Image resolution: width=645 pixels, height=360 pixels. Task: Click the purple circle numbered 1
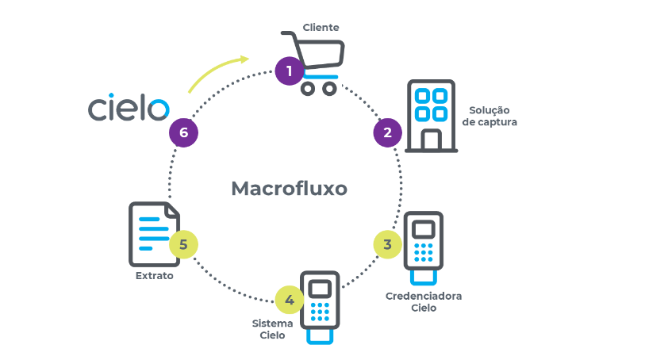[x=290, y=71]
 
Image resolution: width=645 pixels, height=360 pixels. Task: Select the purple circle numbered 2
[x=387, y=132]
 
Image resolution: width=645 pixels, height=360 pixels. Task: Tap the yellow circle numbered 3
[x=387, y=244]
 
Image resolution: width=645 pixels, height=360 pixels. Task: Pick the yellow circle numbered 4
[x=290, y=300]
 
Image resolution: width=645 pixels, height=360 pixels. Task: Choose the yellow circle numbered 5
[x=183, y=244]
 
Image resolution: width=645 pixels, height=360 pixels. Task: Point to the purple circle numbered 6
[x=183, y=132]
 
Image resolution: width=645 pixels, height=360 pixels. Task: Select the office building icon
[x=430, y=116]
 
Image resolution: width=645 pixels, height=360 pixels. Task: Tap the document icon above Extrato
[x=153, y=234]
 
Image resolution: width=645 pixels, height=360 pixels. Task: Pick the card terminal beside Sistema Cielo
[x=321, y=306]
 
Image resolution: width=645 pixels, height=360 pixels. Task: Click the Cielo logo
[x=128, y=108]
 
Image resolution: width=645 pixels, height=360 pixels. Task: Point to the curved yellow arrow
[x=216, y=72]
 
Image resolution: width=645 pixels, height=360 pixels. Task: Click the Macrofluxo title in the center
[x=289, y=189]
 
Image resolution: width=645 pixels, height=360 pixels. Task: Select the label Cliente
[x=321, y=28]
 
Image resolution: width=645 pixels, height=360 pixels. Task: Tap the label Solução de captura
[x=489, y=116]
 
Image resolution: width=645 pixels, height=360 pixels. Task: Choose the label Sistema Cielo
[x=272, y=329]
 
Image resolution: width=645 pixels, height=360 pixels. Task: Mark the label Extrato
[x=154, y=277]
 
